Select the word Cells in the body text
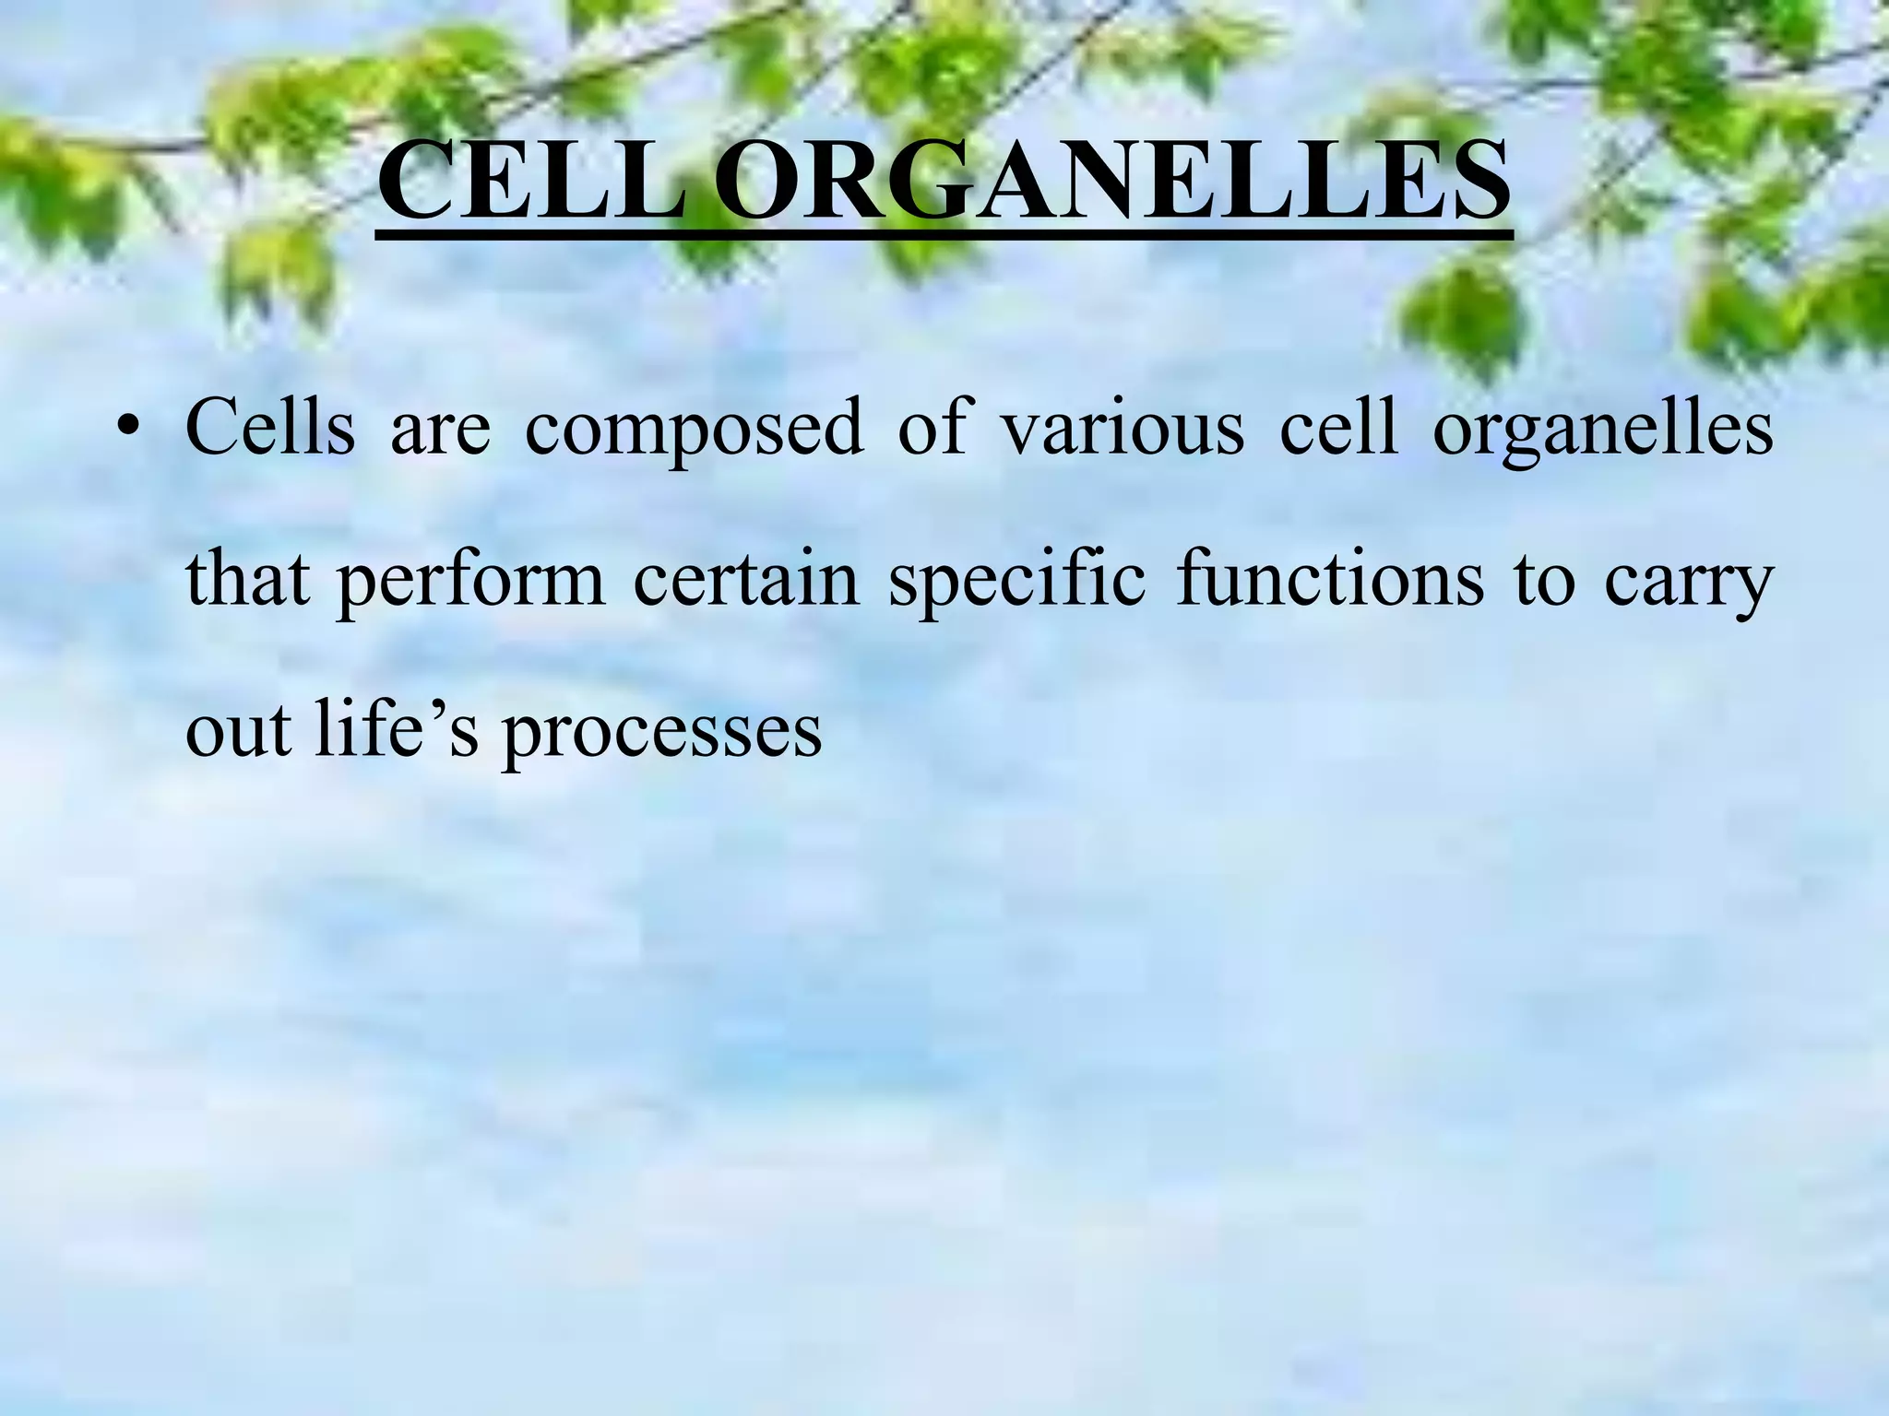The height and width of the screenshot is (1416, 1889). [270, 428]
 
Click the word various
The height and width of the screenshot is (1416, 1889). [1123, 428]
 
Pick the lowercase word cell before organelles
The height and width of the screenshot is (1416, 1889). [1338, 428]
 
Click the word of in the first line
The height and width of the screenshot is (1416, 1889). [933, 428]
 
